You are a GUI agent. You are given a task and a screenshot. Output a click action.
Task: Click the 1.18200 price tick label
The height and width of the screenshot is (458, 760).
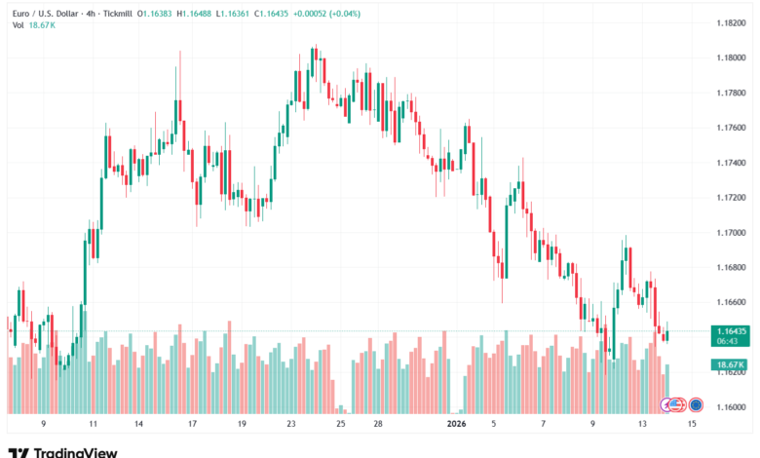730,22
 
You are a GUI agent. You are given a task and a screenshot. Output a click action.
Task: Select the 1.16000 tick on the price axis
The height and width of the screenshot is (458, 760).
730,407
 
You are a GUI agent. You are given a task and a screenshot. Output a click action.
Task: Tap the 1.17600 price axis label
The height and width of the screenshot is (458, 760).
730,128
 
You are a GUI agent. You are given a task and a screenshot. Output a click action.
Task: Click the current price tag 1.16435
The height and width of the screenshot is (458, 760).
730,331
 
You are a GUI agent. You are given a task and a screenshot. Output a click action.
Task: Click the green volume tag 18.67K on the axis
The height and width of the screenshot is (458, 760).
729,364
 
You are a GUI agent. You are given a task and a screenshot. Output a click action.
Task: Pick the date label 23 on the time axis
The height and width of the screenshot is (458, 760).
291,425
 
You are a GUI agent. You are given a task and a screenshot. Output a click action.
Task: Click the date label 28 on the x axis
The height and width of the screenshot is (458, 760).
376,425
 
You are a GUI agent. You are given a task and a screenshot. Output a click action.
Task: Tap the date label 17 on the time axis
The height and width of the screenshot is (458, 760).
192,425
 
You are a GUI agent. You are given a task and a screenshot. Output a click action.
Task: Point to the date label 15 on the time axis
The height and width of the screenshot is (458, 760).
693,425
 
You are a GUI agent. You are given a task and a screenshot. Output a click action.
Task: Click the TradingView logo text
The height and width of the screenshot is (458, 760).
75,451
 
